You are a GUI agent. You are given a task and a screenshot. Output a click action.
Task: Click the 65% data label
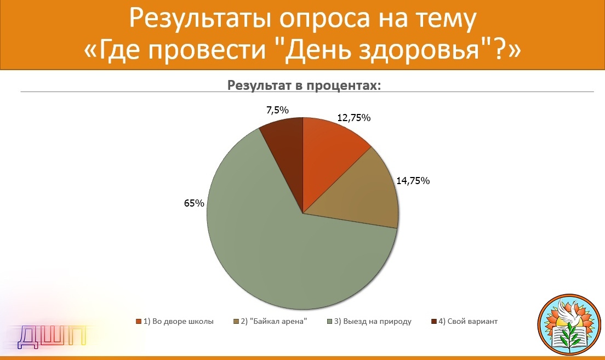tap(194, 203)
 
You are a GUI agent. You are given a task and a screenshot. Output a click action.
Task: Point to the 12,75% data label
tap(354, 118)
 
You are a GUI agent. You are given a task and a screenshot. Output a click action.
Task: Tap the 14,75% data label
tap(413, 181)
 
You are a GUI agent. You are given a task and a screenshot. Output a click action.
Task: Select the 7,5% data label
tap(277, 110)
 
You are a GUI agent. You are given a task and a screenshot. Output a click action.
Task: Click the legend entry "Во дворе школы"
tap(174, 322)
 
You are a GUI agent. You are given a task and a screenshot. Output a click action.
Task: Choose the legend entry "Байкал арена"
tap(270, 322)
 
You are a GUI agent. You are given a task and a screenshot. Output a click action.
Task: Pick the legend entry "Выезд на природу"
tap(369, 322)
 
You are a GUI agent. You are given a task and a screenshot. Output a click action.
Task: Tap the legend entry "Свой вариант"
tap(465, 322)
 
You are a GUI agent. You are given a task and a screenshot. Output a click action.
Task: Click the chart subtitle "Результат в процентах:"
tap(304, 85)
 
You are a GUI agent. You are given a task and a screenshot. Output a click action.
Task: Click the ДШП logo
tap(52, 336)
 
